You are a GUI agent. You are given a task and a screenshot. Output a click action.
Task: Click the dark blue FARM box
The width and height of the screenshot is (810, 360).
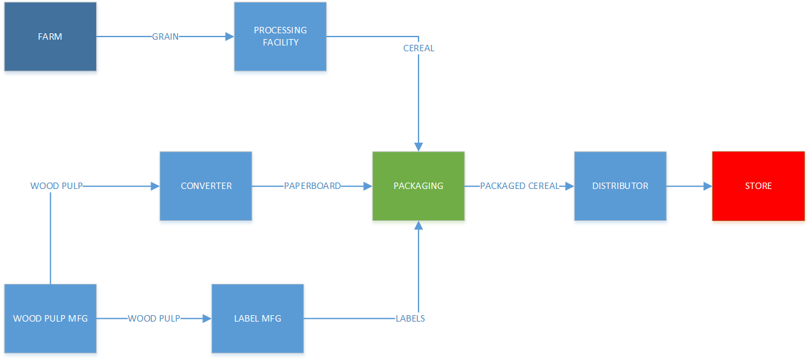(50, 37)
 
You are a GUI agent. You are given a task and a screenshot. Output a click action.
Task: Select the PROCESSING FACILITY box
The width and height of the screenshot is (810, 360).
(280, 37)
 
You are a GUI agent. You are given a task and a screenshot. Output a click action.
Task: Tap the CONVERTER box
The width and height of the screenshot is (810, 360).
(206, 186)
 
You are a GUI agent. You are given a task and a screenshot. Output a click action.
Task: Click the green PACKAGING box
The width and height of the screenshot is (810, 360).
(418, 186)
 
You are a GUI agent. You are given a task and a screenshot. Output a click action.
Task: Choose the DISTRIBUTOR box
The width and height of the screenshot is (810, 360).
(620, 186)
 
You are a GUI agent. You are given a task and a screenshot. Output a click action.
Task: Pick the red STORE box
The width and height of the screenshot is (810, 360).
(758, 186)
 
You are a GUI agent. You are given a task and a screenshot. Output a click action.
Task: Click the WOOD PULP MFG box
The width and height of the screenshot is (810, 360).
(50, 318)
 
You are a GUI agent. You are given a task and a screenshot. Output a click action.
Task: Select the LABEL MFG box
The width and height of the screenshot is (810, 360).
(258, 318)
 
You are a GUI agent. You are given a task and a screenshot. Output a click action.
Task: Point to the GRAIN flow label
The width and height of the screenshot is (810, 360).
(165, 37)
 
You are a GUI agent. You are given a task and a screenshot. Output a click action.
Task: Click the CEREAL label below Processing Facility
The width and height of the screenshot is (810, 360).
(418, 48)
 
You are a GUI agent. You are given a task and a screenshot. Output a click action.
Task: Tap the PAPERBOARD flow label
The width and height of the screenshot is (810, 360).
(312, 186)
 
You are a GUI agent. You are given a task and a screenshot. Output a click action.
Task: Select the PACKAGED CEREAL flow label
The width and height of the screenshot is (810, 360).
(519, 186)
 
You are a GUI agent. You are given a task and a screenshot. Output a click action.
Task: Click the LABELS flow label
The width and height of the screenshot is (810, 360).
(410, 318)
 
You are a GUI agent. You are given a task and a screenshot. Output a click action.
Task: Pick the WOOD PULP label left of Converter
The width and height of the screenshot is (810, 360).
(56, 186)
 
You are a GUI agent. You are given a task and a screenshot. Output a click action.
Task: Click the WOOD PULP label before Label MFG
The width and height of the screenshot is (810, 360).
(154, 318)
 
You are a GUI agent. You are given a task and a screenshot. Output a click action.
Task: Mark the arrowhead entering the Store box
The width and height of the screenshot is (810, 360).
(707, 186)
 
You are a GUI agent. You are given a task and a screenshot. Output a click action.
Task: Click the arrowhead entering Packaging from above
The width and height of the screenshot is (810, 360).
(418, 147)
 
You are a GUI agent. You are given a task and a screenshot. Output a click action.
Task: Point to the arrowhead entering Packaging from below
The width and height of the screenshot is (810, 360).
(418, 225)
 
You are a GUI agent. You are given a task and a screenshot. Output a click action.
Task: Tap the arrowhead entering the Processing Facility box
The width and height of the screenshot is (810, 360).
(229, 37)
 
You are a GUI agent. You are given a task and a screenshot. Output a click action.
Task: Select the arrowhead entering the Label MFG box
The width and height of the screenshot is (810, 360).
(207, 318)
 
